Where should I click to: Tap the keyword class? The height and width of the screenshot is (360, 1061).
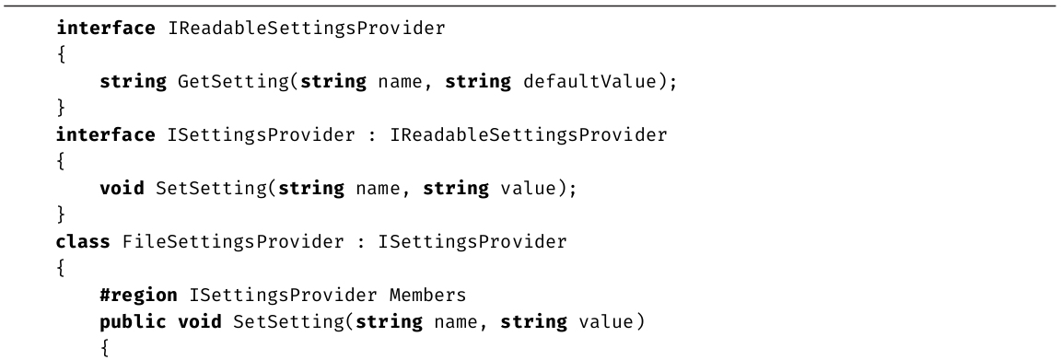(83, 241)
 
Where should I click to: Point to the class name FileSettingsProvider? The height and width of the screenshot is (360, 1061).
(233, 241)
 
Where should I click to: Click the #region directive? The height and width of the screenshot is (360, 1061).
(139, 296)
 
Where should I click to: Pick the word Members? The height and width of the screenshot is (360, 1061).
(427, 295)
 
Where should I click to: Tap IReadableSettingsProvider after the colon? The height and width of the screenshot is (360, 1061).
(529, 134)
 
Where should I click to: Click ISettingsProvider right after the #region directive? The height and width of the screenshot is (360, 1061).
(283, 296)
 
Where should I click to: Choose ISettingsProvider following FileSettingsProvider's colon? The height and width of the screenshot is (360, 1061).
(472, 241)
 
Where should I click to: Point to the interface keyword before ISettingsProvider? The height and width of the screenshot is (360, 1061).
(106, 134)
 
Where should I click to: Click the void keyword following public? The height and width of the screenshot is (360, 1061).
(200, 321)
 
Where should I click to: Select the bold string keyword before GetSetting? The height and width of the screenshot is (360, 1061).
(134, 82)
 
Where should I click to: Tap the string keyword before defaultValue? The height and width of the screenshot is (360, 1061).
(478, 82)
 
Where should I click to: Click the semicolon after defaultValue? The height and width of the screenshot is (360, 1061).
(672, 83)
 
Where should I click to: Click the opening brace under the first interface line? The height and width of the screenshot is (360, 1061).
(61, 55)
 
